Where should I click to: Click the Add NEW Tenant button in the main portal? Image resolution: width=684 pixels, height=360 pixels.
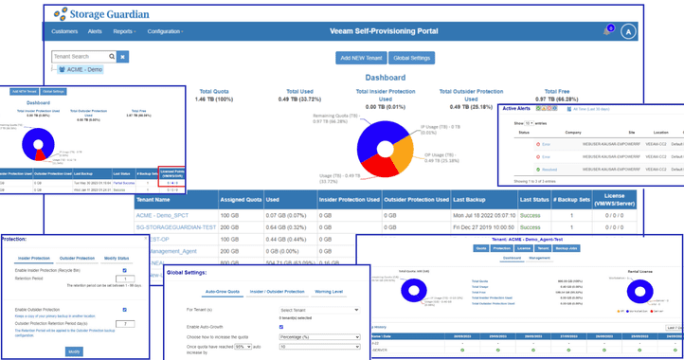[x=361, y=57]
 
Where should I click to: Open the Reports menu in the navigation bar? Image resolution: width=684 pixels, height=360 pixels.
[x=124, y=31]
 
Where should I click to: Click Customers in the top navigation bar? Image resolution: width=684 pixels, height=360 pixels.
[x=64, y=31]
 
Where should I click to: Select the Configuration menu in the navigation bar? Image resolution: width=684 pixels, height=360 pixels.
[x=166, y=31]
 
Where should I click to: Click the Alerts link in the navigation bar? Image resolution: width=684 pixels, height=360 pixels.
[x=97, y=31]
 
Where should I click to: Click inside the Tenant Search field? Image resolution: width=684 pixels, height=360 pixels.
[x=84, y=57]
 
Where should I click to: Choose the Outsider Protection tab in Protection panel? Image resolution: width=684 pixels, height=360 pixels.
[x=79, y=258]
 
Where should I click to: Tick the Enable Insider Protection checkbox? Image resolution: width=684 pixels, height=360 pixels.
[x=125, y=270]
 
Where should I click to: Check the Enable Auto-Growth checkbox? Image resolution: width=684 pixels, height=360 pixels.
[x=281, y=327]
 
